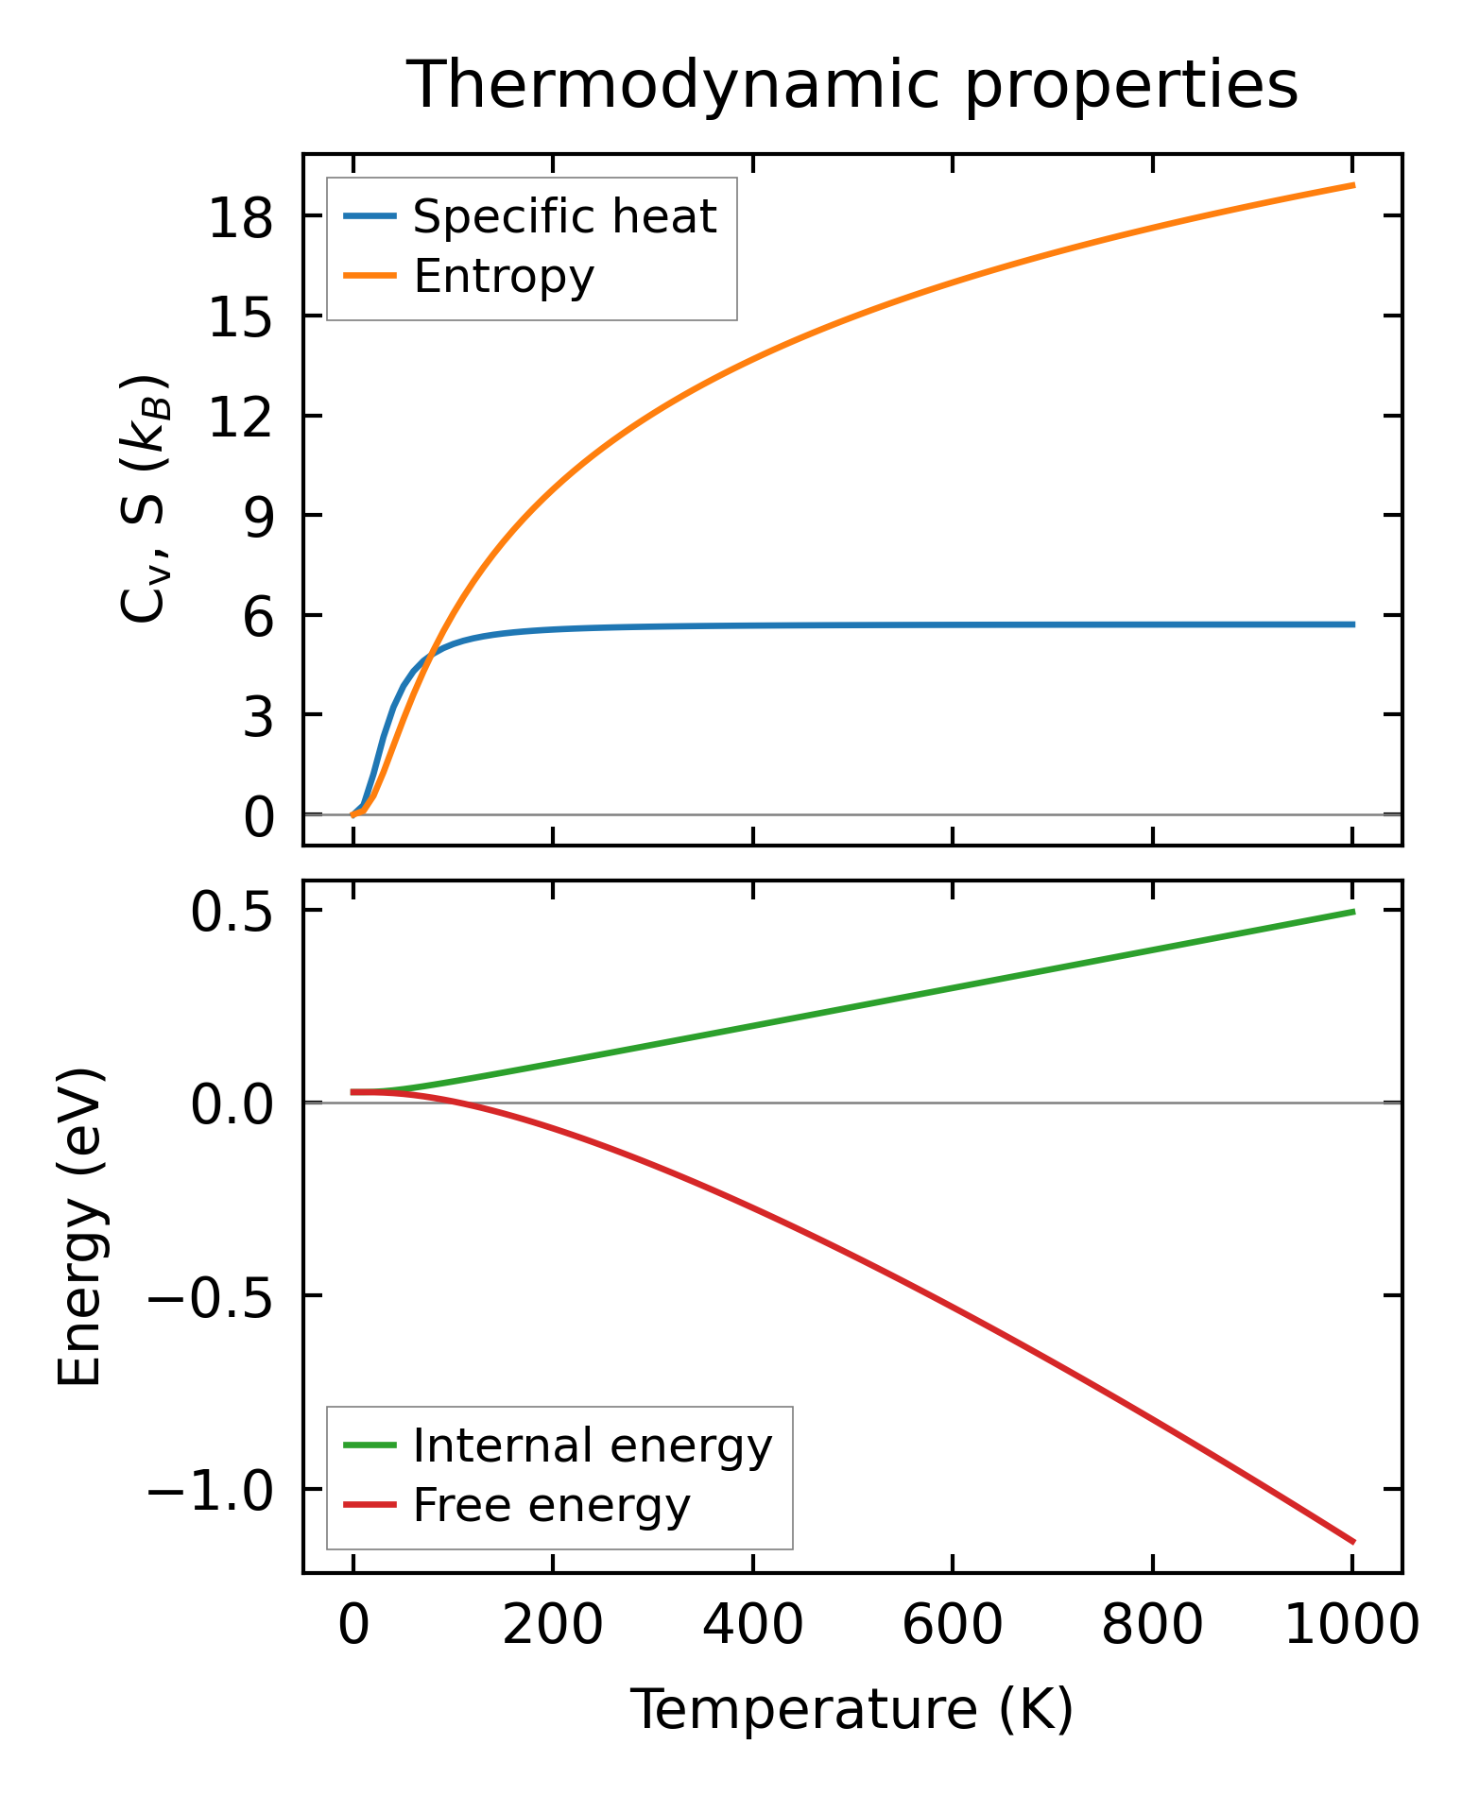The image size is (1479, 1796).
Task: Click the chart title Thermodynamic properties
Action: point(851,85)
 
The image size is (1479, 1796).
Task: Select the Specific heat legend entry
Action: point(564,217)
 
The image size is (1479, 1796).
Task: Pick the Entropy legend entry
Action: point(503,277)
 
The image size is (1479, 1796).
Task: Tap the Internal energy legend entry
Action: point(592,1445)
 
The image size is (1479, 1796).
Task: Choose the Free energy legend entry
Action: point(551,1505)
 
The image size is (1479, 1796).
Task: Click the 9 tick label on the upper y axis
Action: point(258,517)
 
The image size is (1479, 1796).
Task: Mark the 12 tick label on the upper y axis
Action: point(240,417)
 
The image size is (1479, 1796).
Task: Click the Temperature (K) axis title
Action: point(851,1709)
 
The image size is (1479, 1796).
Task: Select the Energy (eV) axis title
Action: point(79,1227)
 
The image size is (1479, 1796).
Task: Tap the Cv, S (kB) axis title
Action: point(145,499)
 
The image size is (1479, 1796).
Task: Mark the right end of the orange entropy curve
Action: point(1353,185)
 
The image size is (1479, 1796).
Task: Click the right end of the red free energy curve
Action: point(1353,1542)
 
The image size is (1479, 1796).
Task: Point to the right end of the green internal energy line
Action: point(1353,912)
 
